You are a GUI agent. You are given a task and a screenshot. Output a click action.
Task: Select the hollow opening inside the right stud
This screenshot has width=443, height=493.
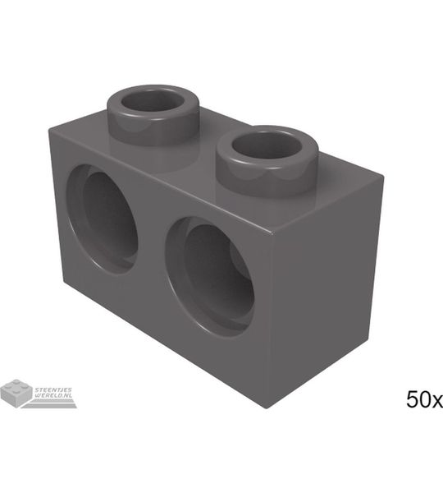267,145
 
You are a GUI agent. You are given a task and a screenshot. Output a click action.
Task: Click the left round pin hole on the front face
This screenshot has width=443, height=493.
102,219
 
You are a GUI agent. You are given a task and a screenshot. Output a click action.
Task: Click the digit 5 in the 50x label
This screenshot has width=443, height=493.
413,399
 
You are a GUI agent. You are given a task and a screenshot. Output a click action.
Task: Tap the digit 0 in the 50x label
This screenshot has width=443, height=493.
426,399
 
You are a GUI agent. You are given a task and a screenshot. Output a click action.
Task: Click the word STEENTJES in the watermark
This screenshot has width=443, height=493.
53,389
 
